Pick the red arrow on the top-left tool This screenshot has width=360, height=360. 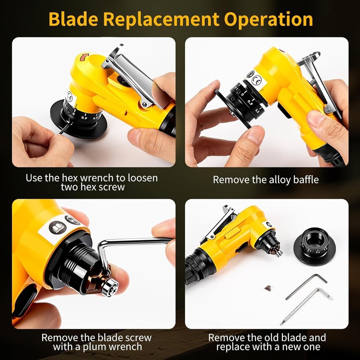pos(85,57)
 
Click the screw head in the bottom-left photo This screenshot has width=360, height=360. pos(109,287)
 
